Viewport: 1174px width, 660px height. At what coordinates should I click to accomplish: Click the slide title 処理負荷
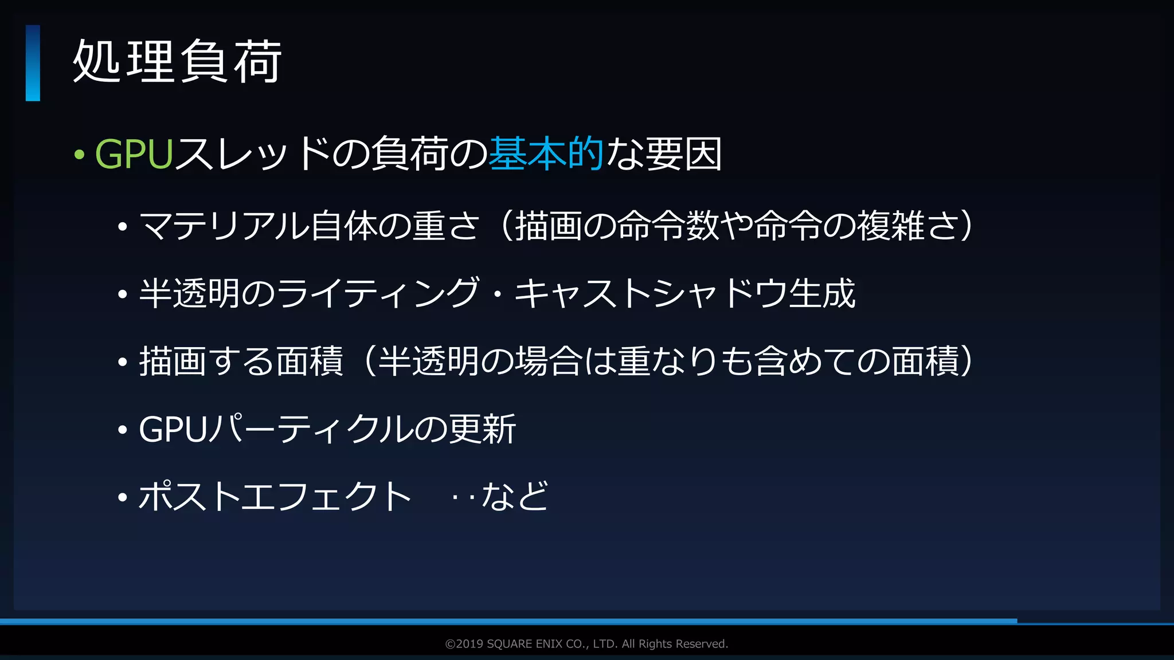[177, 62]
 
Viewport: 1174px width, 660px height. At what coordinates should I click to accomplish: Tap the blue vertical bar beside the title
[33, 63]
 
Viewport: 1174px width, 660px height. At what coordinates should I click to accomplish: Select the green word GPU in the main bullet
[134, 154]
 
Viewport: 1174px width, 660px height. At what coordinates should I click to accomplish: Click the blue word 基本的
[546, 154]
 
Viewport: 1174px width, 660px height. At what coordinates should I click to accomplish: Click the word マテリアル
[224, 226]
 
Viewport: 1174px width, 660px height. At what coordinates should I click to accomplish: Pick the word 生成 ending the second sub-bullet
[822, 293]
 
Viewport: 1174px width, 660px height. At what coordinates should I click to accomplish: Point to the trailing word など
[515, 496]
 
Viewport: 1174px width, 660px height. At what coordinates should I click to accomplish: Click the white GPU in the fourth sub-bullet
[173, 429]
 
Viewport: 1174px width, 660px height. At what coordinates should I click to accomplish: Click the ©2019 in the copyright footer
[464, 644]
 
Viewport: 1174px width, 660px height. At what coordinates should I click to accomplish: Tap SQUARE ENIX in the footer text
[525, 644]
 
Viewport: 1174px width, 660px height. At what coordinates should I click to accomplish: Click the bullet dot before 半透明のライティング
[122, 294]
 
